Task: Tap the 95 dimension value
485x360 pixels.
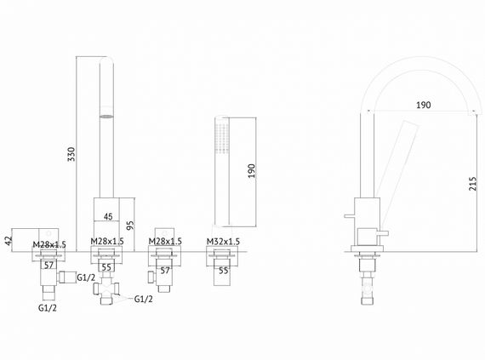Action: click(129, 226)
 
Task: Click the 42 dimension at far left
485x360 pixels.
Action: click(9, 241)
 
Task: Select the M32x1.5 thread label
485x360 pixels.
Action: click(223, 243)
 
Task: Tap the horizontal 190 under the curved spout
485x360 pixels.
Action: click(423, 106)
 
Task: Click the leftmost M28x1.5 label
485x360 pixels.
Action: click(49, 243)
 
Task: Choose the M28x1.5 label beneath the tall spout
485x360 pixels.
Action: click(107, 243)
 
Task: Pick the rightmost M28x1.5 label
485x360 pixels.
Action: click(165, 243)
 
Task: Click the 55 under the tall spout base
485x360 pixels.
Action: click(107, 266)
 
